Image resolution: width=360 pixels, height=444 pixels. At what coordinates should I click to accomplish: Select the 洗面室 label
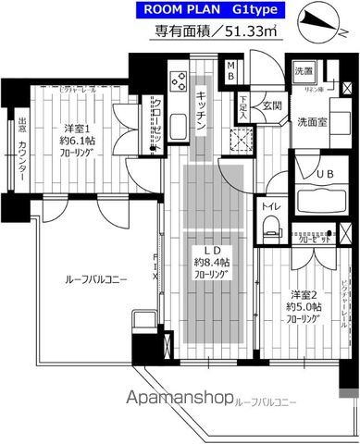point(312,121)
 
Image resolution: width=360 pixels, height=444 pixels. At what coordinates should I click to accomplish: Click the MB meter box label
point(231,70)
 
